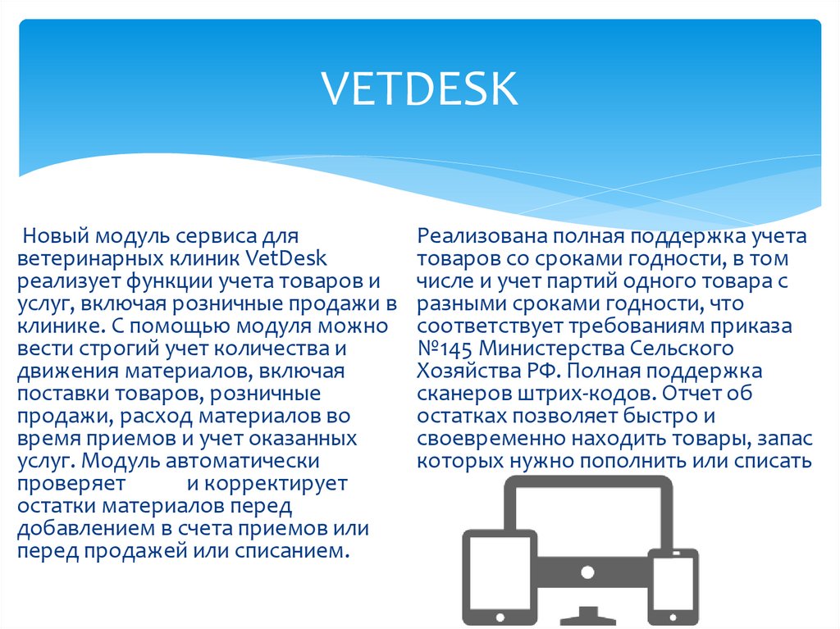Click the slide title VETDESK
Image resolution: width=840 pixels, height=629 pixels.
click(419, 89)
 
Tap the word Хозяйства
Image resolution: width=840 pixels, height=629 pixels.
click(468, 371)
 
